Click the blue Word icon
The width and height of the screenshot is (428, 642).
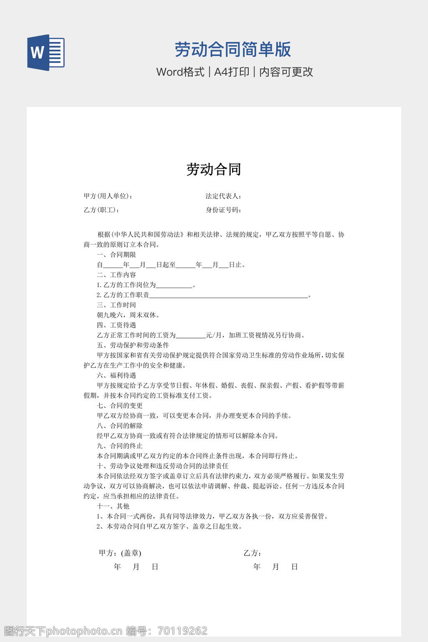tap(46, 53)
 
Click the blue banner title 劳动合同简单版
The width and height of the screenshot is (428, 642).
tap(232, 49)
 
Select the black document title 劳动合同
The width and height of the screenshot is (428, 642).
tap(214, 169)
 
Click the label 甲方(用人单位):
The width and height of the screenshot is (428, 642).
tap(108, 196)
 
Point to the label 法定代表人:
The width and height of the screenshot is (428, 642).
tap(223, 196)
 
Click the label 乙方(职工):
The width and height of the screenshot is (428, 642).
tap(102, 210)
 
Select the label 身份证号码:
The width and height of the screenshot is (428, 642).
tap(223, 210)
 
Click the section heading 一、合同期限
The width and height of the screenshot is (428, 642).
tap(116, 255)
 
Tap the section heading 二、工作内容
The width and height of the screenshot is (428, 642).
tap(116, 275)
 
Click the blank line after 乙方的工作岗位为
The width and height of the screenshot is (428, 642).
tap(174, 286)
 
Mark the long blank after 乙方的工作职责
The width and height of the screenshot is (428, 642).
tap(228, 296)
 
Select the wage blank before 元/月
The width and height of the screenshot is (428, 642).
tap(190, 336)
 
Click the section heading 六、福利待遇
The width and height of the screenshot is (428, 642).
tap(116, 375)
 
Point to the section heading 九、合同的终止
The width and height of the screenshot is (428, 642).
tap(120, 446)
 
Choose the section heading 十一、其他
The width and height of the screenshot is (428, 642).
tap(113, 506)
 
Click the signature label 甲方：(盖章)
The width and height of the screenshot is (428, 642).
tap(120, 553)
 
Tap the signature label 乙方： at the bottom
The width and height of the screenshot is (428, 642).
tap(252, 553)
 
